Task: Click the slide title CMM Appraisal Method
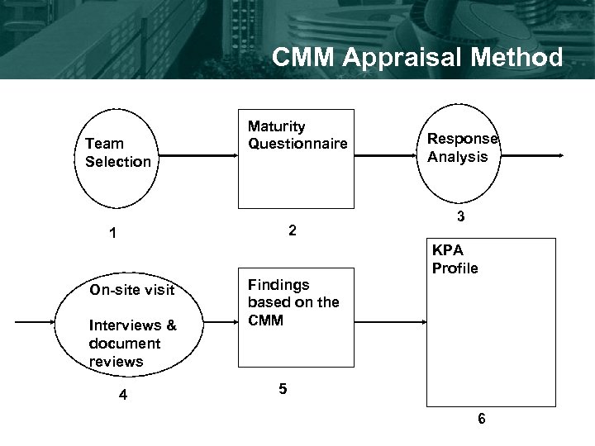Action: click(x=417, y=57)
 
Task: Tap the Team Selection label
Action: click(x=118, y=153)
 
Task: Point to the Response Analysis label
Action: click(x=462, y=148)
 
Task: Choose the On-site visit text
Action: click(x=132, y=290)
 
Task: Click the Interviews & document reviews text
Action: click(x=125, y=343)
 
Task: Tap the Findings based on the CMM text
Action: click(x=293, y=302)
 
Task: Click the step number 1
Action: click(x=112, y=234)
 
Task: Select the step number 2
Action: click(x=292, y=230)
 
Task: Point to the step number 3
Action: click(x=462, y=218)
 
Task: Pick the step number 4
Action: click(x=122, y=395)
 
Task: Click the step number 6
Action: click(x=482, y=418)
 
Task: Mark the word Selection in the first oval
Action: click(x=118, y=162)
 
